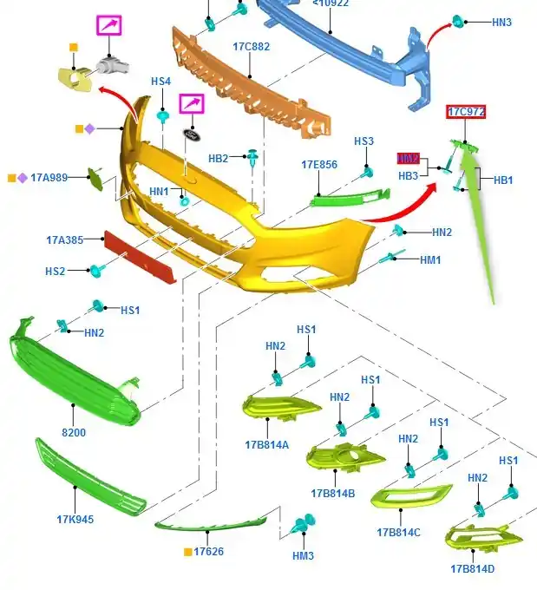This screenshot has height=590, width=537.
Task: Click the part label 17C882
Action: point(252,47)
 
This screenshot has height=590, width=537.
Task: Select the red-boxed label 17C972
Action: point(466,112)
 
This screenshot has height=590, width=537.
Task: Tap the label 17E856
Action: point(319,164)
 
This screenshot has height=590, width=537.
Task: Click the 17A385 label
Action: point(65,239)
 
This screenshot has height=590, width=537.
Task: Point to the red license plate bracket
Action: point(141,257)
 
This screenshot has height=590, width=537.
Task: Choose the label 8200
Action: point(73,432)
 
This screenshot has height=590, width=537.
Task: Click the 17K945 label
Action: point(75,520)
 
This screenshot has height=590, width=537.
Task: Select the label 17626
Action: point(208,552)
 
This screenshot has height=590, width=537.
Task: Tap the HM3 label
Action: point(303,555)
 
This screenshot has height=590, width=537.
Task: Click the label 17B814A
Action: point(267,445)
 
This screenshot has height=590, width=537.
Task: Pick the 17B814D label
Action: point(472,568)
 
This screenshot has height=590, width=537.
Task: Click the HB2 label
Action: point(218,159)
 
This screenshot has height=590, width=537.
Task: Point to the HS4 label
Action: point(160,82)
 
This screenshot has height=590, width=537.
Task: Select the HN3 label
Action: point(501,22)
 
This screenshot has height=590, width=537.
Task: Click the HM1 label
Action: point(430,259)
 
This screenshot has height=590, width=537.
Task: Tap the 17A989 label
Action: point(49,177)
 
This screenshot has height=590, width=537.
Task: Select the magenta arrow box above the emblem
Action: point(192,104)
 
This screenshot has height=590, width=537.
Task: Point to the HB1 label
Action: point(503,180)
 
